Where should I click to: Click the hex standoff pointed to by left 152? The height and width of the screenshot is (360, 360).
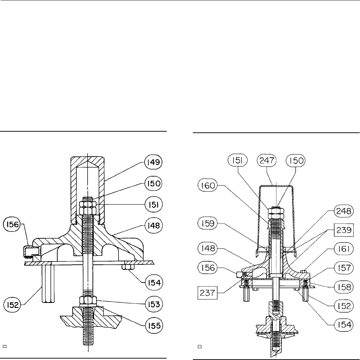[47, 284]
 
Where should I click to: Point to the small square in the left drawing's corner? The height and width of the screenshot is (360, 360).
[5, 346]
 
